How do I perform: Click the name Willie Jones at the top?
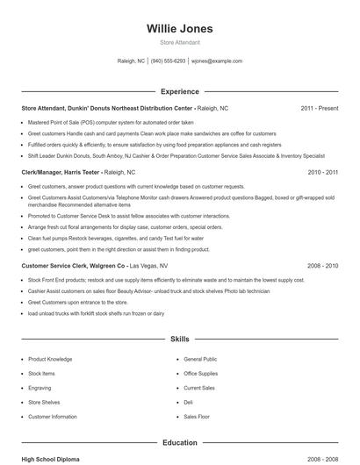(179, 28)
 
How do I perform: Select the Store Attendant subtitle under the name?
(179, 42)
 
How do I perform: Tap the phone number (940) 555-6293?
(168, 61)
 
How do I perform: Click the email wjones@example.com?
(217, 61)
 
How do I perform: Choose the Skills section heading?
(179, 338)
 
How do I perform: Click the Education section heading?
(179, 443)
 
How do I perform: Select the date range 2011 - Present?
(319, 108)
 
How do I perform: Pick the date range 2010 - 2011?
(322, 173)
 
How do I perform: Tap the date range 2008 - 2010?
(322, 264)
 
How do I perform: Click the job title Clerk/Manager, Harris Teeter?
(60, 173)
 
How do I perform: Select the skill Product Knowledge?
(50, 359)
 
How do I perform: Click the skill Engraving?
(40, 387)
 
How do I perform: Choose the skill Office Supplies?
(202, 373)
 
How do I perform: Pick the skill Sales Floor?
(197, 416)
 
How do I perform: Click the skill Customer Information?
(53, 416)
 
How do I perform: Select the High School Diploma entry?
(51, 459)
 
